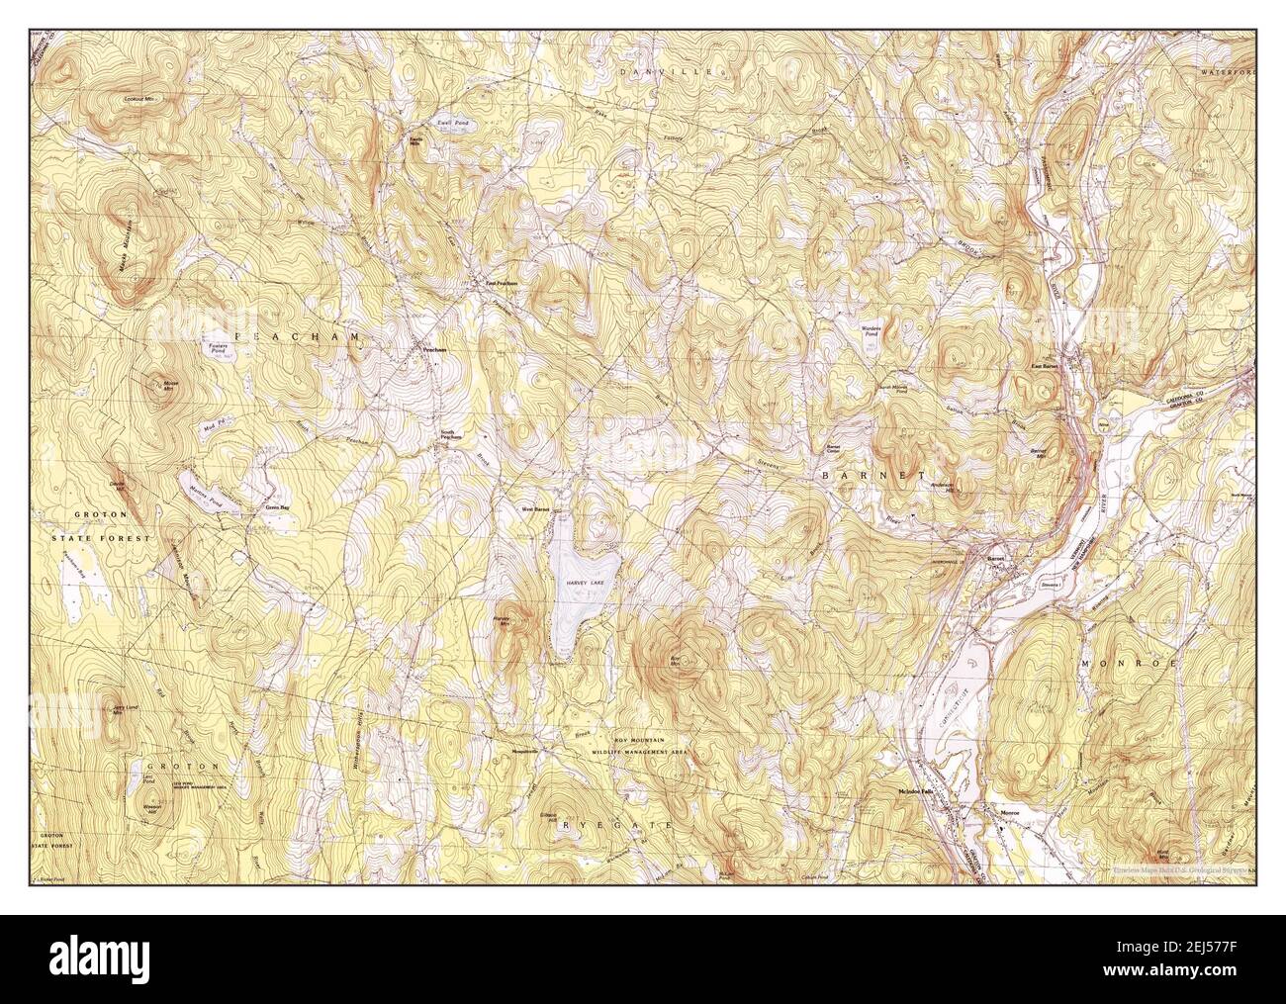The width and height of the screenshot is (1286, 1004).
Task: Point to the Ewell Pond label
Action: [454, 123]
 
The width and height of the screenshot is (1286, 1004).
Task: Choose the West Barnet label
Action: [535, 510]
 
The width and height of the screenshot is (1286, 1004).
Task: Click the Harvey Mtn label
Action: [502, 621]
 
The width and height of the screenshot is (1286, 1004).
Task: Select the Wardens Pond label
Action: [871, 332]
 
